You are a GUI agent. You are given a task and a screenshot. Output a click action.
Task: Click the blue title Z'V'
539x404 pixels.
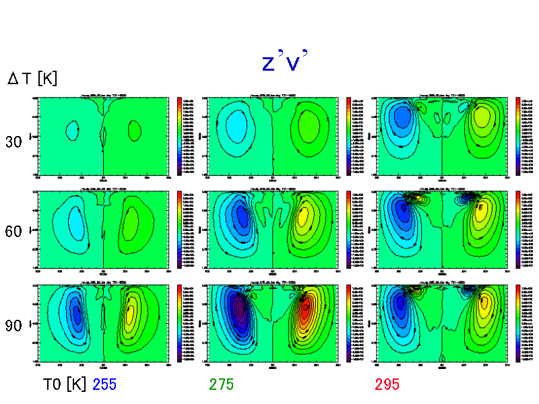(284, 62)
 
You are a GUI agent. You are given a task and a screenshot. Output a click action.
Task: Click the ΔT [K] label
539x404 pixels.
(32, 79)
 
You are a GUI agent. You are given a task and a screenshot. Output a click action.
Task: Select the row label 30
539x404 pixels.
(14, 142)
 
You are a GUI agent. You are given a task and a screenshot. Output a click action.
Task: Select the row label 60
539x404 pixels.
(14, 232)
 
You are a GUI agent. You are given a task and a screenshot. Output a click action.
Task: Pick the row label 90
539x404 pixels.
(14, 326)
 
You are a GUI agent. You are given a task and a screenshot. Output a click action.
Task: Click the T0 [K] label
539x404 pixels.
(65, 384)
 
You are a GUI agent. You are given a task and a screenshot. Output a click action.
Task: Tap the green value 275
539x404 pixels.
(221, 384)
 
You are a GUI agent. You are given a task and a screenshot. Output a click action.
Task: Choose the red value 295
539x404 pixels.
(387, 384)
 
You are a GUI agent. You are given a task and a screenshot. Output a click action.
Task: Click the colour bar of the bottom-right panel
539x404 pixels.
(518, 323)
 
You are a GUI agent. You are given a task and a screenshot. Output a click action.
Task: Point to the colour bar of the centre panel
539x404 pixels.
(349, 229)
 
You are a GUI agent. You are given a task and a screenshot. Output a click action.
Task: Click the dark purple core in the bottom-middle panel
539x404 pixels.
(239, 311)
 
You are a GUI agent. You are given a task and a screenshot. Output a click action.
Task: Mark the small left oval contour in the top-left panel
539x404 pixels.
(72, 130)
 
